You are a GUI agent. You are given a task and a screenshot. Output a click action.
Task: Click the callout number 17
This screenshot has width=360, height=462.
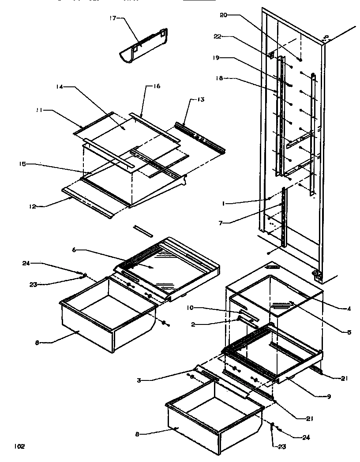[112, 19]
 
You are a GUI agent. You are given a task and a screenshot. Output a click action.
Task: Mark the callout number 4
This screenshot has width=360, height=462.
[349, 309]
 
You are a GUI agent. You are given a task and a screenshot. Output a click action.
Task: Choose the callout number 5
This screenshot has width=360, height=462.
[349, 332]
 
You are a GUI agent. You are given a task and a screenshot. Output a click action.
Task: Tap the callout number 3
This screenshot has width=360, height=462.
[139, 380]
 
